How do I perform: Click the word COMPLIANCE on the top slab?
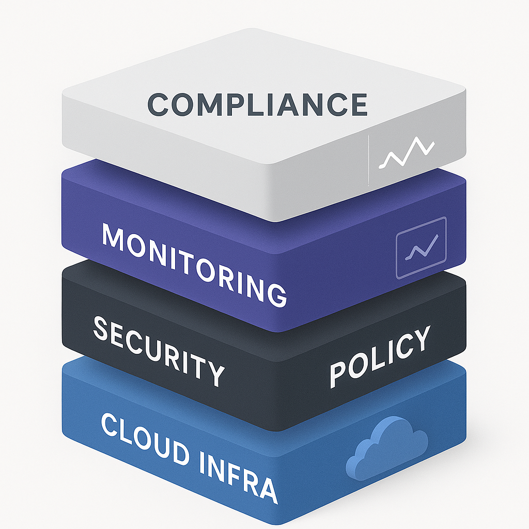(x=257, y=104)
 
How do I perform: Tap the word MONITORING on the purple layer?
(x=194, y=265)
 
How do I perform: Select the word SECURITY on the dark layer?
(x=159, y=351)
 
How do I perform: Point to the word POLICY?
(x=380, y=356)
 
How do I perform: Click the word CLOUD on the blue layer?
(x=145, y=439)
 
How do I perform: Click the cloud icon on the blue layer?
(x=387, y=447)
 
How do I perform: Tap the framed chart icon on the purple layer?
(x=422, y=247)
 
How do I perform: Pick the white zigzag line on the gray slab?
(x=407, y=152)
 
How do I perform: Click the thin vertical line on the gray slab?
(x=368, y=160)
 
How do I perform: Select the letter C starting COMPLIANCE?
(x=158, y=104)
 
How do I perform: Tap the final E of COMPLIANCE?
(x=359, y=104)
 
